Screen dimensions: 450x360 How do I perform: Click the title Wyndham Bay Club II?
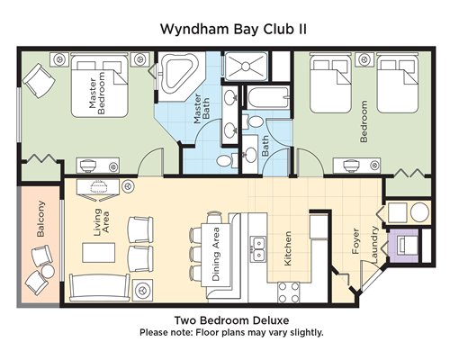coord(233,30)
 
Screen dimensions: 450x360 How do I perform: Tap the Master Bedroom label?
coord(97,93)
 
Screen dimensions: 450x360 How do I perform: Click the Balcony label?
coord(40,219)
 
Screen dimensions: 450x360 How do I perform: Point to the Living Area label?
coord(102,221)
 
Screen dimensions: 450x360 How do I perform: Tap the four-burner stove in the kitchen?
coord(289,292)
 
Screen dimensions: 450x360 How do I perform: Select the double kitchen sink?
coord(258,249)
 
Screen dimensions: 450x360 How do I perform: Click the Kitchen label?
coord(287,248)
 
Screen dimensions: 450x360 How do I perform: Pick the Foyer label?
coord(355,241)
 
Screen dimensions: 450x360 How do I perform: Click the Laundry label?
coord(374,245)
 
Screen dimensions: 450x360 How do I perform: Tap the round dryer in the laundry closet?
coord(419,212)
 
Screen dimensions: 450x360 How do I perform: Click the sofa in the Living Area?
coord(100,287)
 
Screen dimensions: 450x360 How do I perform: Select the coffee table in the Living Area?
coord(99,253)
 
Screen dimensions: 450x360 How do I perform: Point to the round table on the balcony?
coord(48,272)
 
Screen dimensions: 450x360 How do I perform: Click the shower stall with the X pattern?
coord(246,67)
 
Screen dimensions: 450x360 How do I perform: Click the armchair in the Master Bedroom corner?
coord(39,80)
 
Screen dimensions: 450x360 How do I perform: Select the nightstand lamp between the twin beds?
coord(364,59)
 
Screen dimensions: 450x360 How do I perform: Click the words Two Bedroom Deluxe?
coord(232,320)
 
